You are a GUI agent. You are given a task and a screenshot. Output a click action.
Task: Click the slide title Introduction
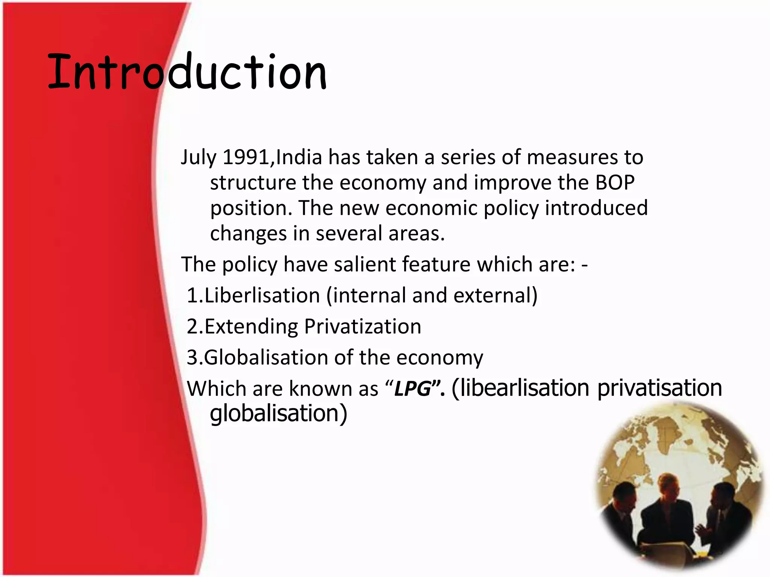(x=187, y=72)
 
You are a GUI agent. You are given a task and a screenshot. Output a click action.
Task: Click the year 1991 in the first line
(x=246, y=157)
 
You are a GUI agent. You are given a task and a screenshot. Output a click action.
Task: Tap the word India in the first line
(x=299, y=157)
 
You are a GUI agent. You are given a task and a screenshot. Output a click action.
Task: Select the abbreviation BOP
(x=615, y=183)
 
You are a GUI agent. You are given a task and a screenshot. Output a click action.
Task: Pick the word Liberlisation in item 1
(x=262, y=295)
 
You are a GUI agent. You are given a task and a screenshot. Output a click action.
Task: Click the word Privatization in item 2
(x=362, y=326)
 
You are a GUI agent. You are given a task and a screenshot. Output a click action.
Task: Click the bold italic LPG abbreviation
(x=412, y=388)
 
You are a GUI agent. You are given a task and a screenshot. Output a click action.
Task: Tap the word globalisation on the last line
(x=274, y=413)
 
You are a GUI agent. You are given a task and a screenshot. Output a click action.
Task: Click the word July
(x=198, y=158)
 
